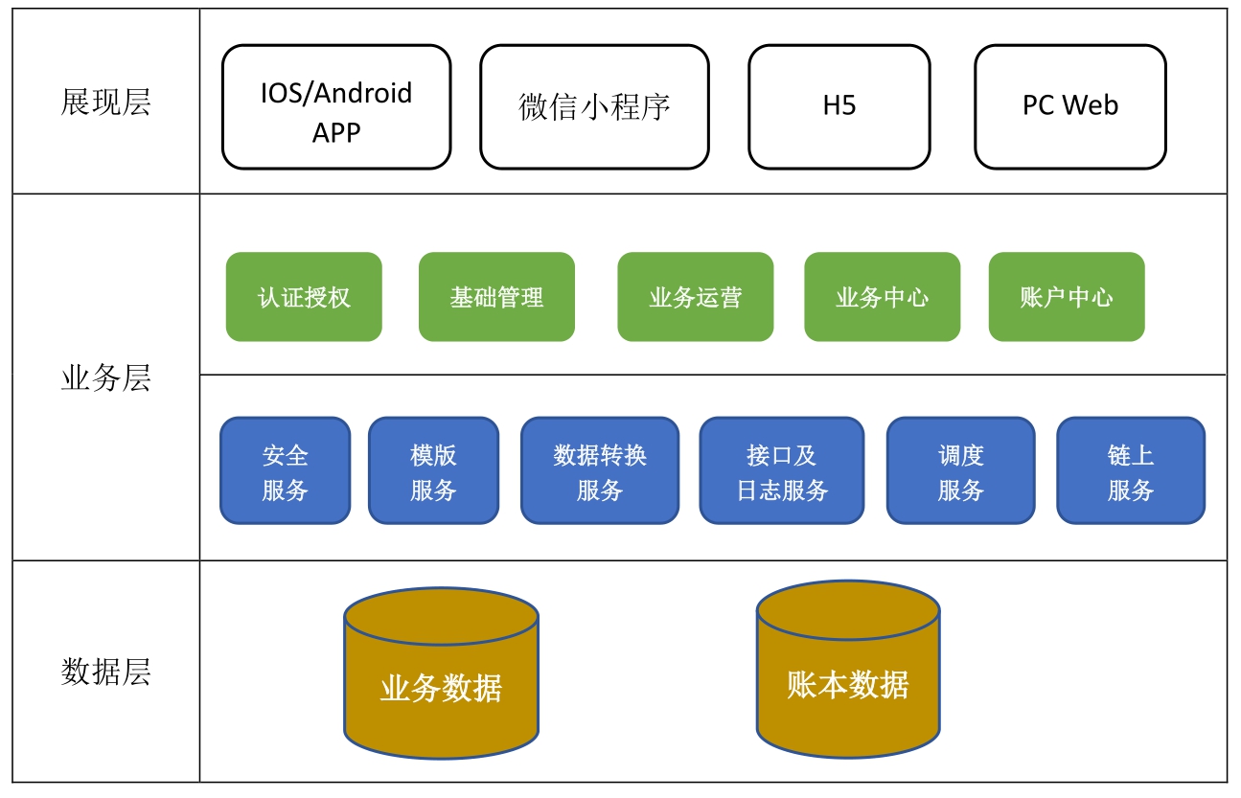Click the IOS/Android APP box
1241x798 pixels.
(x=336, y=107)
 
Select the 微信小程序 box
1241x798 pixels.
(x=594, y=107)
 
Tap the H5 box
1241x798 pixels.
(x=839, y=107)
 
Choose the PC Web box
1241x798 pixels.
(x=1069, y=107)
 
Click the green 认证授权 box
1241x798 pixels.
(x=304, y=297)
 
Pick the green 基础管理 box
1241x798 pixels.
(x=496, y=297)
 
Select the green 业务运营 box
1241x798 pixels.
(x=695, y=297)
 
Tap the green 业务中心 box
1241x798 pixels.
(x=882, y=297)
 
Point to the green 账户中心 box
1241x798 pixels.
(x=1067, y=297)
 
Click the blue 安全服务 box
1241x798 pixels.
(x=285, y=471)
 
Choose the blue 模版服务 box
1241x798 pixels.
(x=433, y=471)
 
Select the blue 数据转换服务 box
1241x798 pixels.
(x=600, y=471)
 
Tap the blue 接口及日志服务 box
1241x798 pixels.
(x=781, y=471)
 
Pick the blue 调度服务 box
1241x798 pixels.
(x=960, y=471)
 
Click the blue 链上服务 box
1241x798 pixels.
(x=1131, y=471)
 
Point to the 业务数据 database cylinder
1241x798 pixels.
(x=441, y=685)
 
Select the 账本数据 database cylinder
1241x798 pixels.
(x=848, y=681)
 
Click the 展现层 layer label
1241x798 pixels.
(x=105, y=103)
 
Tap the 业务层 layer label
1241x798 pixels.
(x=105, y=378)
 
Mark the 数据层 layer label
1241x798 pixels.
(x=105, y=672)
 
